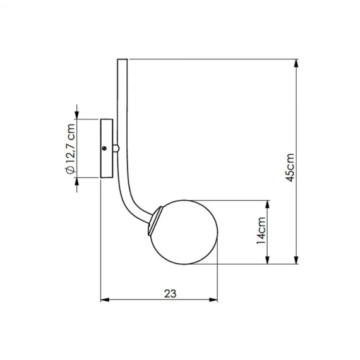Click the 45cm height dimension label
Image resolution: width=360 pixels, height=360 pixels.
coord(290,167)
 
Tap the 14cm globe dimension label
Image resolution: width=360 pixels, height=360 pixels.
coord(261,231)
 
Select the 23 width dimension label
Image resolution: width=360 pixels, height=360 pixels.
coord(171,294)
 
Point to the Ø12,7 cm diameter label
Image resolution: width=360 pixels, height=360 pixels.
coord(70,148)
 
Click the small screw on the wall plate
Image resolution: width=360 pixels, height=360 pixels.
coord(104,148)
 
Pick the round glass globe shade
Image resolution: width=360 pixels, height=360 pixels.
coord(184,232)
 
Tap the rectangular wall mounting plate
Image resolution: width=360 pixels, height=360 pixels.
coord(107,148)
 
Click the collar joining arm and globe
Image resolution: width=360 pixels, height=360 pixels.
coord(155,220)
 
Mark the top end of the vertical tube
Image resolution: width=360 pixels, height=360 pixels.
coord(123,59)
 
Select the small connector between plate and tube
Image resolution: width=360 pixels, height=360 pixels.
coord(116,148)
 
